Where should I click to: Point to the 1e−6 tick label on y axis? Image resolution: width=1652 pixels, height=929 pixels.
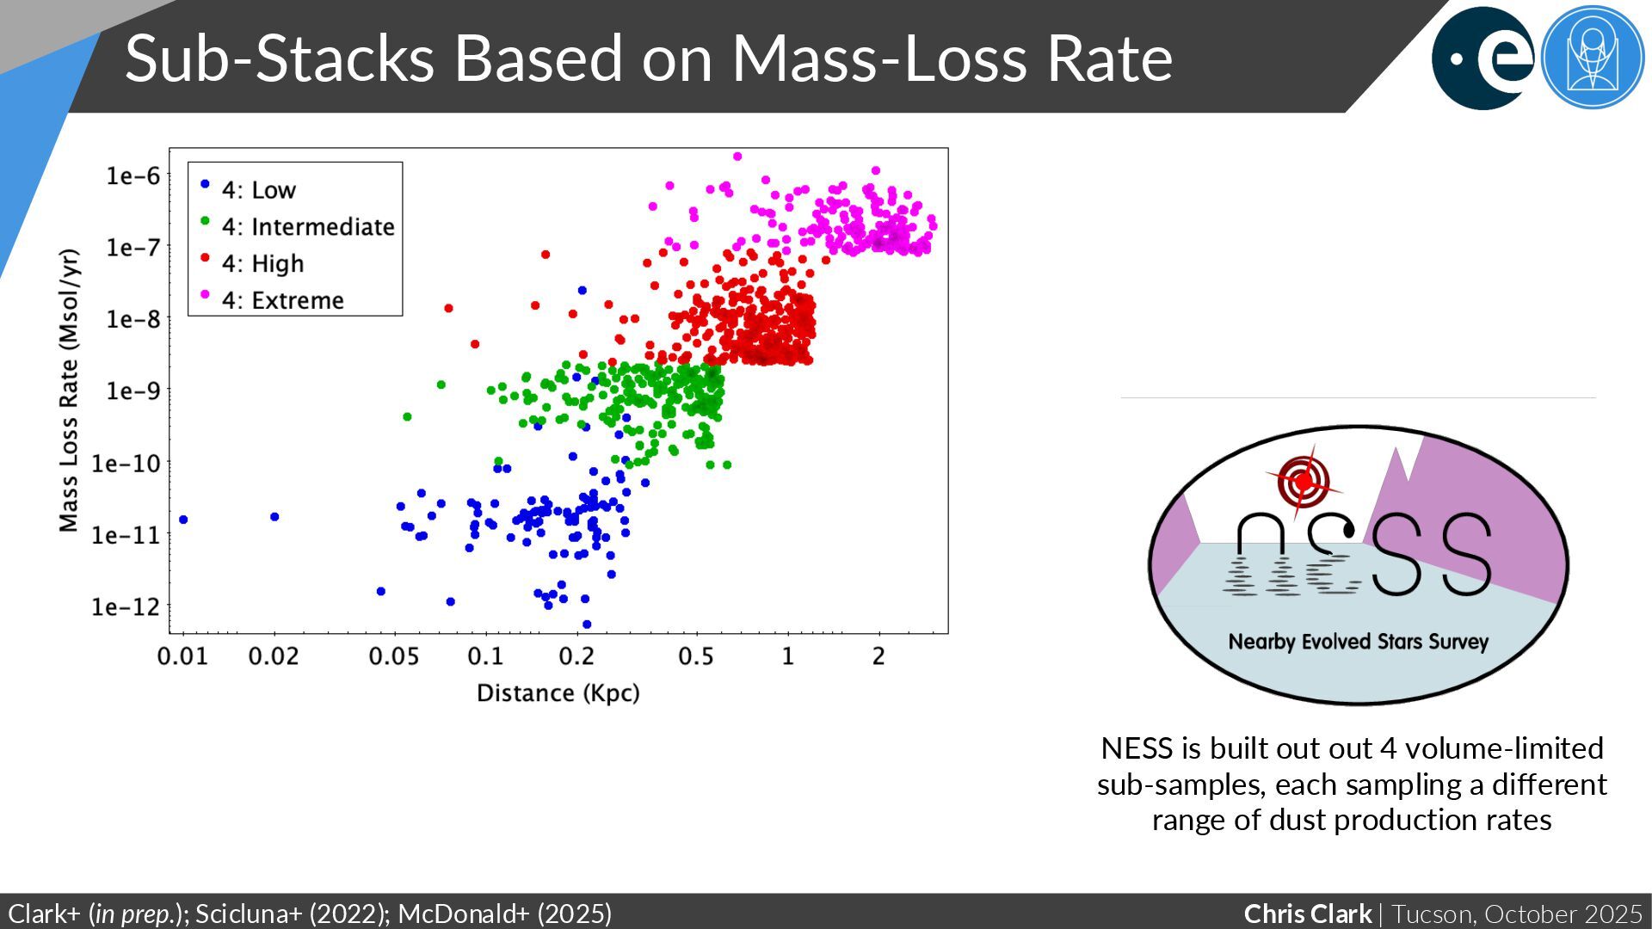click(x=133, y=176)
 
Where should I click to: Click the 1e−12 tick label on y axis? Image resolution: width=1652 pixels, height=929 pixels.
click(x=126, y=606)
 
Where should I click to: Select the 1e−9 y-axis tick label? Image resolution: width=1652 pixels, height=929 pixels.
click(x=133, y=391)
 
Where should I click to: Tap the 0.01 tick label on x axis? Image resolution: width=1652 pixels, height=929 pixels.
click(x=182, y=657)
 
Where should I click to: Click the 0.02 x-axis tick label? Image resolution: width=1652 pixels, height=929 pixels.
click(x=274, y=657)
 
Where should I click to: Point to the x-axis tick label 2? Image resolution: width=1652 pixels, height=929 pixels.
click(x=878, y=657)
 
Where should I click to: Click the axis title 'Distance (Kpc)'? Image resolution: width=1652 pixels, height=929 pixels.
click(x=558, y=693)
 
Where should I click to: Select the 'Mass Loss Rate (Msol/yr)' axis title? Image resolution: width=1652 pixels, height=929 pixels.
click(x=69, y=391)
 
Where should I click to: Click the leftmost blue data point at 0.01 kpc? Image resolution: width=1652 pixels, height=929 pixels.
click(x=183, y=520)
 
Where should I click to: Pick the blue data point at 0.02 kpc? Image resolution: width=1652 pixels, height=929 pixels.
click(x=274, y=517)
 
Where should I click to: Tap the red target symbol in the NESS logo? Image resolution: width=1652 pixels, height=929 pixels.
click(x=1304, y=481)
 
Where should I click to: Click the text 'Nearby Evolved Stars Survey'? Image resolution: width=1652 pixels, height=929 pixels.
click(x=1358, y=642)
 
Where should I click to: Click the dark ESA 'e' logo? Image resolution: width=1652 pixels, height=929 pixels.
click(x=1482, y=58)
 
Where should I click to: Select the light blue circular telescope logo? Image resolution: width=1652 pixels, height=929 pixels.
click(x=1592, y=58)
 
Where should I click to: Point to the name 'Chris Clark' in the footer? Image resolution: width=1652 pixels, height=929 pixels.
click(x=1307, y=914)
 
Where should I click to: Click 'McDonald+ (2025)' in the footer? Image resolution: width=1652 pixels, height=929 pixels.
click(x=505, y=914)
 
